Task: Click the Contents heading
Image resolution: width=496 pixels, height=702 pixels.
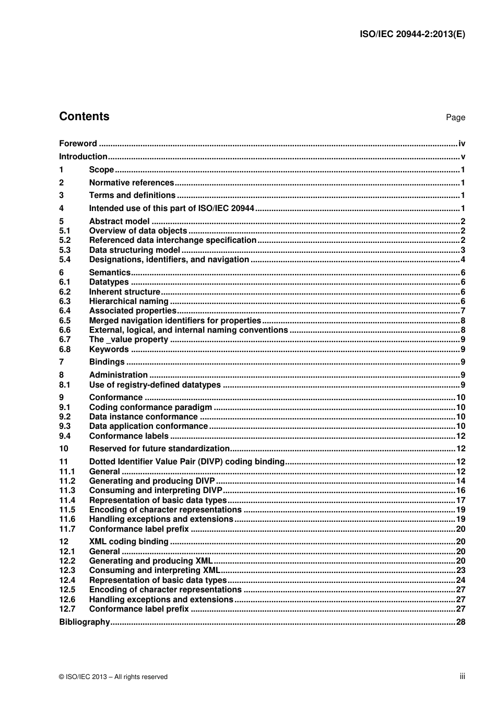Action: coord(84,116)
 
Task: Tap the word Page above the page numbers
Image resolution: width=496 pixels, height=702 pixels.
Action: coord(455,118)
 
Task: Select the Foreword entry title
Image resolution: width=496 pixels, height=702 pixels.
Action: coord(78,144)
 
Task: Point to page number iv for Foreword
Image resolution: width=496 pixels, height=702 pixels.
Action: coord(462,144)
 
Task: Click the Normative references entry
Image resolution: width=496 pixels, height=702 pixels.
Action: coord(131,183)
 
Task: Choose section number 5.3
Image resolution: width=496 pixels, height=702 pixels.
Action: coord(65,250)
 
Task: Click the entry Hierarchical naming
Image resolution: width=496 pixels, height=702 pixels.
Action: coord(128,301)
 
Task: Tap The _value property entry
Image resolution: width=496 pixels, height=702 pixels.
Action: coord(128,340)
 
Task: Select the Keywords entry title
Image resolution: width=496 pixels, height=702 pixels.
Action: coord(109,349)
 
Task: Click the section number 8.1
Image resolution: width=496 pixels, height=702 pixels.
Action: coord(65,385)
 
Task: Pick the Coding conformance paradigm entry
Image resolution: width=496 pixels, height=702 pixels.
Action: coord(150,407)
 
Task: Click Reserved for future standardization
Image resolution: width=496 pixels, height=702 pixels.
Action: coord(159,449)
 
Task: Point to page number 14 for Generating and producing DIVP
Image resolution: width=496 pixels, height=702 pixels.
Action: coord(460,481)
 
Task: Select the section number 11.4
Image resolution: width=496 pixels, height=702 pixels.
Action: coord(67,500)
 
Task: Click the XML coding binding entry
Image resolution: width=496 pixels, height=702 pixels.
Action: coord(128,542)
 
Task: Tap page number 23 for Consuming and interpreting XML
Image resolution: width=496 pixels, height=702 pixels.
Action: coord(460,570)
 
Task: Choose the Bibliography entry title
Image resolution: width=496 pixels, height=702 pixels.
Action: coord(84,622)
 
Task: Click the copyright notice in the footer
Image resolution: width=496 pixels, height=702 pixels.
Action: coord(113,677)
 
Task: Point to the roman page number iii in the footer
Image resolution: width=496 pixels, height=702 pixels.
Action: coord(462,676)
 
